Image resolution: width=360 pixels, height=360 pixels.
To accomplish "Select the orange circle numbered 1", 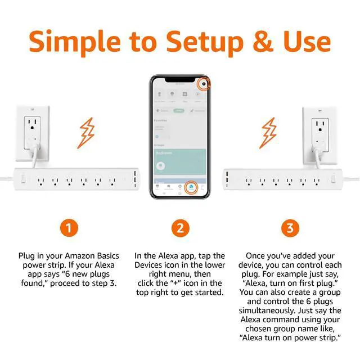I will pos(68,228).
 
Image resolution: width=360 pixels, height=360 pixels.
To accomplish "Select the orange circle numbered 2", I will pos(179,228).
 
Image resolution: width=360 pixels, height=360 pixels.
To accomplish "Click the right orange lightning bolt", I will pos(271,130).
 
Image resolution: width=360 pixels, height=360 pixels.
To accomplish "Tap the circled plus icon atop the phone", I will pos(205,84).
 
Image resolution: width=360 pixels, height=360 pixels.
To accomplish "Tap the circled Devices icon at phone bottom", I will pos(190,187).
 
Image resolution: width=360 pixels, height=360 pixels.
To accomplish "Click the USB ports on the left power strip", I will pos(135,181).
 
